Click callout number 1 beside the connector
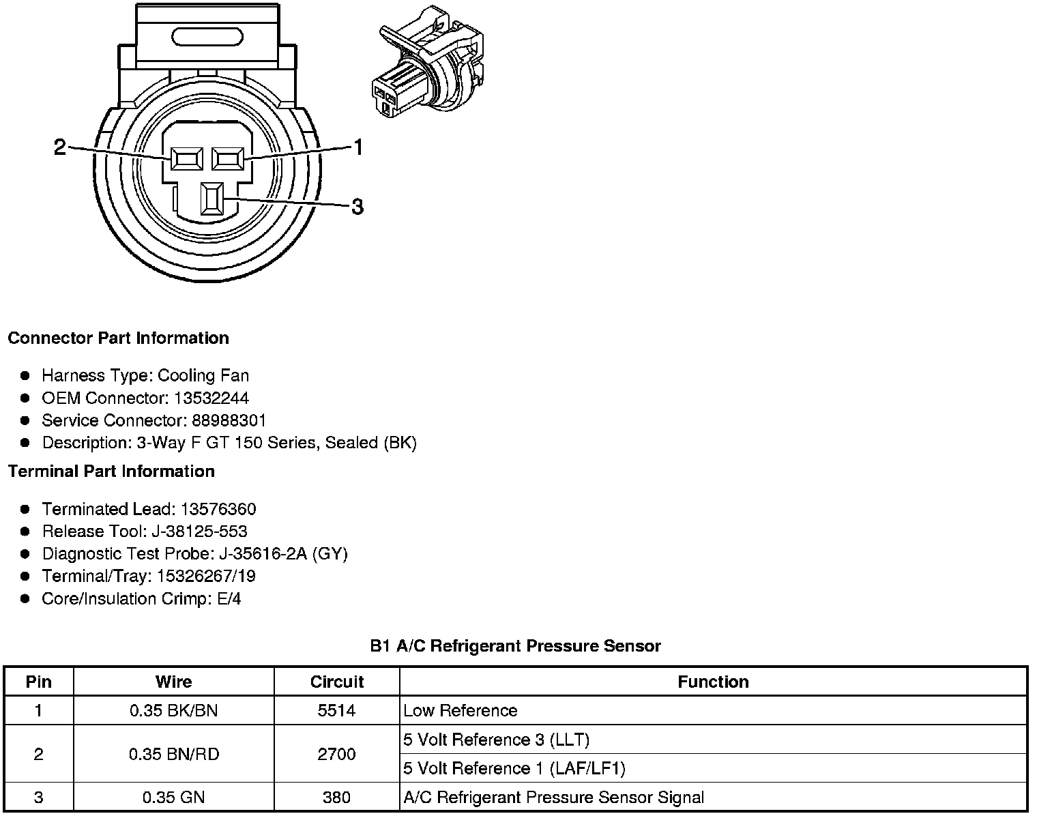pos(357,147)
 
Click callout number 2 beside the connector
pos(60,147)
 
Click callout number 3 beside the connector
pos(357,206)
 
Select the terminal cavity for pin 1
pos(227,160)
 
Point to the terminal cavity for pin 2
pos(186,160)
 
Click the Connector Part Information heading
pos(118,338)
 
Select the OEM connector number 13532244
pos(211,398)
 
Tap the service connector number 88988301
pos(229,420)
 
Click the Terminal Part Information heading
pos(111,471)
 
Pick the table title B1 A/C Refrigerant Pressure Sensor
pos(515,645)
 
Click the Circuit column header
pos(337,682)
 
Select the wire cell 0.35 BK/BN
pos(173,711)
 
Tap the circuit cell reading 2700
pos(337,754)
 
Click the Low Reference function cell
pos(461,711)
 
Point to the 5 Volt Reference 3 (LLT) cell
pos(496,740)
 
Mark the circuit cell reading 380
pos(337,797)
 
